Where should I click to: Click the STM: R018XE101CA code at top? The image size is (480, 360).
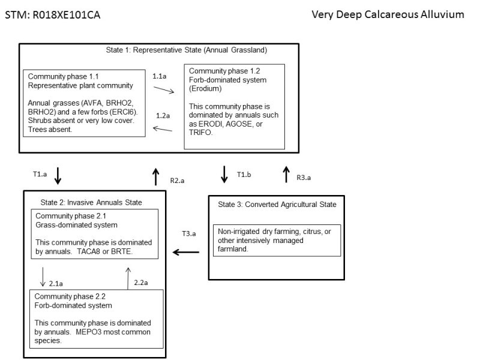(x=53, y=14)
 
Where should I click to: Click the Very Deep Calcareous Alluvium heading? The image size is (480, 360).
(x=388, y=14)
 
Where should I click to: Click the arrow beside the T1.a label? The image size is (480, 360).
(x=58, y=176)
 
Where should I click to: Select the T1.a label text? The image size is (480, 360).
(x=40, y=172)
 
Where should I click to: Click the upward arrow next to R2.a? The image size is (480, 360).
(x=155, y=176)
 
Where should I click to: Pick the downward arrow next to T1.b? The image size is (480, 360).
(x=224, y=175)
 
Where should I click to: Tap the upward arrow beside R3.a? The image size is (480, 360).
(x=286, y=175)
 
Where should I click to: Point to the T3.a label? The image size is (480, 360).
(x=189, y=233)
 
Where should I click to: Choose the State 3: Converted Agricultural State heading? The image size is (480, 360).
(x=277, y=205)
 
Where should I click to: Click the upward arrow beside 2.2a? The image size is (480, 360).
(x=128, y=278)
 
